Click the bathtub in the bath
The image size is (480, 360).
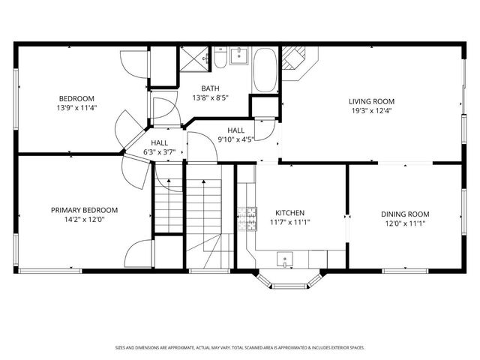pos(265,70)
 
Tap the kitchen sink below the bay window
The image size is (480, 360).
pos(286,260)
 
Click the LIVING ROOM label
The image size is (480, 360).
pos(371,101)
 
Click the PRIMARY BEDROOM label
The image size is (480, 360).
pos(85,210)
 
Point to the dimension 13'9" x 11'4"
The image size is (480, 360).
pos(77,107)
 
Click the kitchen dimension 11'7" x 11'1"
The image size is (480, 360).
pos(290,221)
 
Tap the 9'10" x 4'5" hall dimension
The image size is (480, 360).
pos(235,139)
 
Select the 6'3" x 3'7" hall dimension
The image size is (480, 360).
pos(159,152)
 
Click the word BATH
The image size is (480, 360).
pos(210,88)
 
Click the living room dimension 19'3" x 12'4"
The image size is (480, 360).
pos(371,111)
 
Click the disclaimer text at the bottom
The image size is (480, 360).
pos(240,347)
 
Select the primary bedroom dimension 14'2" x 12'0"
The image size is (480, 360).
pos(85,220)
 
